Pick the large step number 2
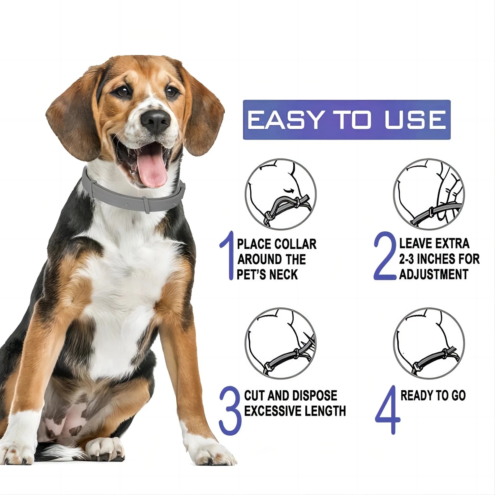point(385,256)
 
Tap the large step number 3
point(230,410)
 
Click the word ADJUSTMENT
point(433,274)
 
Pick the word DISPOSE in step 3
point(314,396)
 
